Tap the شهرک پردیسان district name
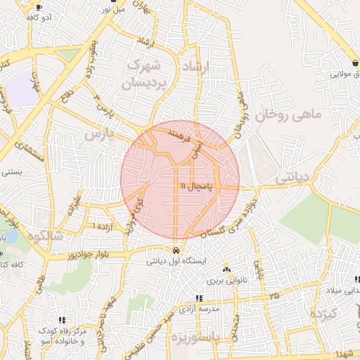[x=148, y=74]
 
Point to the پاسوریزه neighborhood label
[x=203, y=337]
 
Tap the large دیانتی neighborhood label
[x=292, y=178]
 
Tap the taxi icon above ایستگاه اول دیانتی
[x=175, y=250]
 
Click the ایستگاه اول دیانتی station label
[x=175, y=261]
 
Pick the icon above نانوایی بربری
[x=226, y=270]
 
